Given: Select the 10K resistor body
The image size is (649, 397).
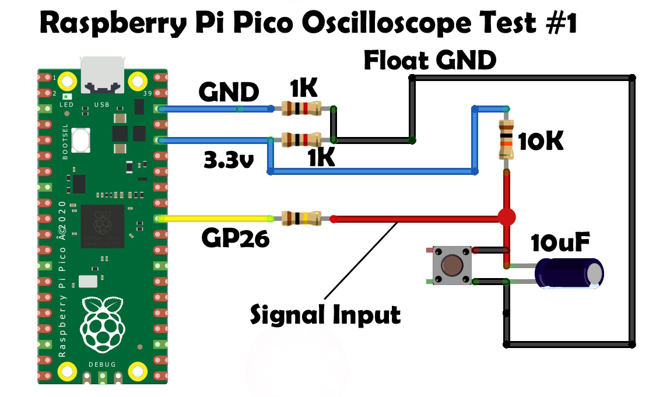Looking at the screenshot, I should point(505,140).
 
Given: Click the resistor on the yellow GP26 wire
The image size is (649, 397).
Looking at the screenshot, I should point(301,219).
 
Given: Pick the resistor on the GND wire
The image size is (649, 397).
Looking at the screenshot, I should point(301,108).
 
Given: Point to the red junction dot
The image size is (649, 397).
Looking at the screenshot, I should point(507,217).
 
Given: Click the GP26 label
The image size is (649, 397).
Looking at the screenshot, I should point(236,238).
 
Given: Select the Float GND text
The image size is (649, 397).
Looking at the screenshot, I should point(430,61).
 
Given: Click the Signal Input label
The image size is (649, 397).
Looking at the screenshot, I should point(325,315).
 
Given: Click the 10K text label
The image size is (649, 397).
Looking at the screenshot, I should point(541,142).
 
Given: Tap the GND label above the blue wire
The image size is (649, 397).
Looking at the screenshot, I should point(229,92).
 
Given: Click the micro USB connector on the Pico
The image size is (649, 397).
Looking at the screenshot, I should point(103,75).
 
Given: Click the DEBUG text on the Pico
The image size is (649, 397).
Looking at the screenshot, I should point(102,364).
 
